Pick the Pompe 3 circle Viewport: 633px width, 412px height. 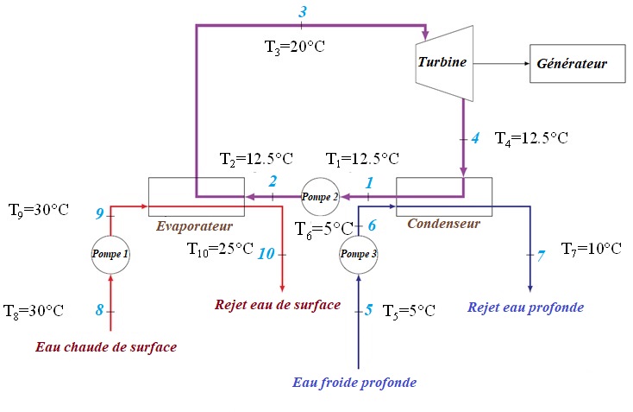[358, 254]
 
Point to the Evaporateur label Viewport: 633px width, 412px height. [195, 226]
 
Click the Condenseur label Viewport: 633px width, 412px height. [443, 223]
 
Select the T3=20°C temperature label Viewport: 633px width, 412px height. [294, 47]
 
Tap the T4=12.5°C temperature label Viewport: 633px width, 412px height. [532, 137]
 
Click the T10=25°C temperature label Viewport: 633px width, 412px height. [220, 250]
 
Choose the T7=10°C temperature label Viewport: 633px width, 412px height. [591, 249]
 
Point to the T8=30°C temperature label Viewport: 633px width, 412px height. [34, 310]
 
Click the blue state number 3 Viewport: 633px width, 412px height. [302, 12]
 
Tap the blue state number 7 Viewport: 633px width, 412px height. [541, 256]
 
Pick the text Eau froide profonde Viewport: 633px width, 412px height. [354, 382]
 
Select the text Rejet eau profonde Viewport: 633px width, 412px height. [525, 307]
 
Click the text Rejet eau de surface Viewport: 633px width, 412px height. [277, 305]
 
